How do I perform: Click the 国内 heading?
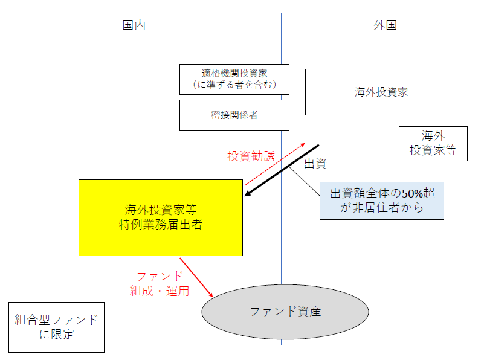pyautogui.click(x=134, y=25)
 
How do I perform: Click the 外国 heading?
pyautogui.click(x=385, y=25)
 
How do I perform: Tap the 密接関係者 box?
pyautogui.click(x=234, y=115)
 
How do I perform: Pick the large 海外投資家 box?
pyautogui.click(x=381, y=92)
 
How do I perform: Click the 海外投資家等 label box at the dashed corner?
pyautogui.click(x=433, y=143)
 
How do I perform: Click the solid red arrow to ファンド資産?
pyautogui.click(x=197, y=277)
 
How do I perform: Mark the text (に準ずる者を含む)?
pyautogui.click(x=234, y=85)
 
